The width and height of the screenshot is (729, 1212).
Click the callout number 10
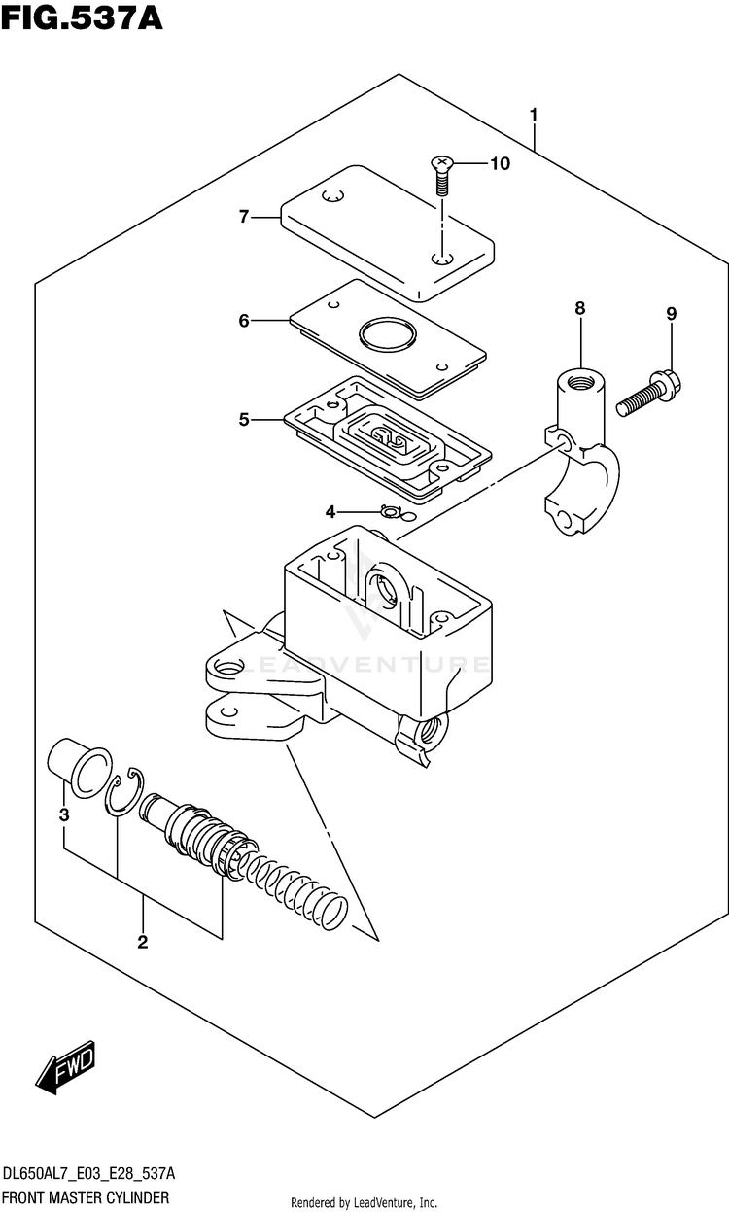pos(500,163)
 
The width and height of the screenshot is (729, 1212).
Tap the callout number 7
pos(244,217)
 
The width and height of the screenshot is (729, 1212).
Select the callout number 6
pos(244,321)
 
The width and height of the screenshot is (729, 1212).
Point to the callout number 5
pos(244,419)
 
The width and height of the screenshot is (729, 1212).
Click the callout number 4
pos(330,511)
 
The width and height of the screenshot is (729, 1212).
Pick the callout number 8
pos(580,308)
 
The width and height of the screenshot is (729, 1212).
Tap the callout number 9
pos(671,314)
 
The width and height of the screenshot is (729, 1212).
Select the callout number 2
pos(142,942)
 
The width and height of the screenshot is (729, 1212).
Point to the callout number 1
pos(534,116)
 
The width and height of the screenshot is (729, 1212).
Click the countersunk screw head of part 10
pos(441,161)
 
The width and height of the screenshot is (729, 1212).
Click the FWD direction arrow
pos(65,1067)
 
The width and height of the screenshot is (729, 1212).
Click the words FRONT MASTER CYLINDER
pos(87,1196)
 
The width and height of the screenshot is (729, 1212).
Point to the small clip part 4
pos(389,511)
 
